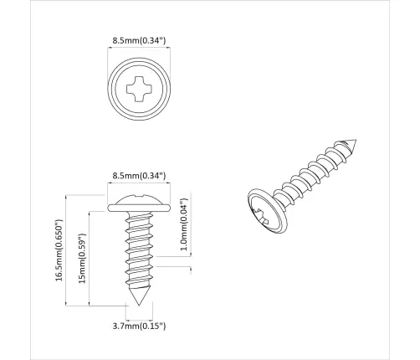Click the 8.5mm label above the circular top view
click(139, 39)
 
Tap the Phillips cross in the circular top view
click(139, 87)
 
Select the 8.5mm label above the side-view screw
click(139, 175)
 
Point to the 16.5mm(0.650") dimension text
click(59, 252)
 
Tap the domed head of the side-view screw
click(139, 198)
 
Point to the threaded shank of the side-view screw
click(139, 251)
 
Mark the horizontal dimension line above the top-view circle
click(139, 49)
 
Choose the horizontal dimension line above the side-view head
click(139, 185)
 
